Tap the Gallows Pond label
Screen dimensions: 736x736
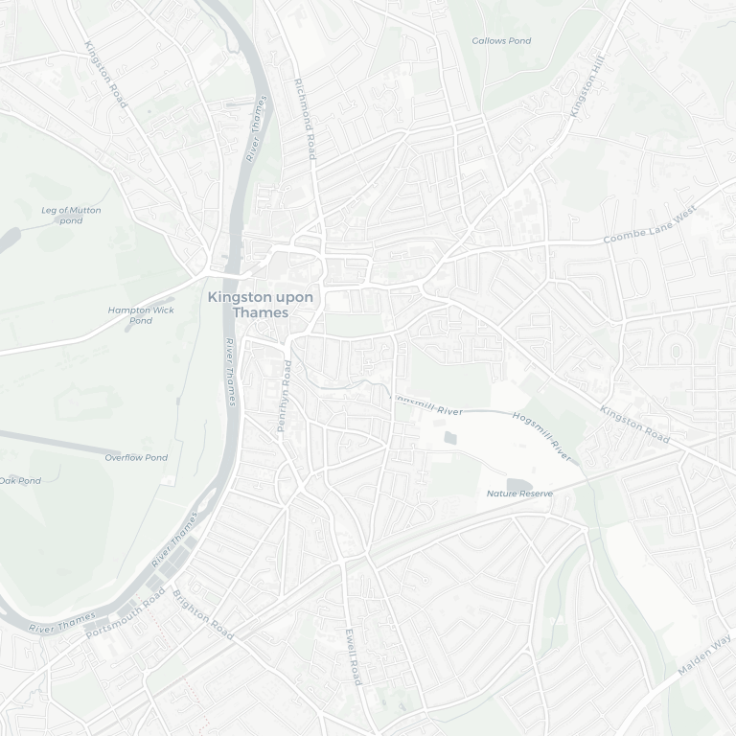coord(501,41)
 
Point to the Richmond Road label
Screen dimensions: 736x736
coord(305,119)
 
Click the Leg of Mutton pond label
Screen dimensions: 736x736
coord(71,216)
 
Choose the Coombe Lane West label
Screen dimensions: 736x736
coord(650,228)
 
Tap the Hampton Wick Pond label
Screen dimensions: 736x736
coord(141,315)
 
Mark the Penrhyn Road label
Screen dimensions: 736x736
coord(284,396)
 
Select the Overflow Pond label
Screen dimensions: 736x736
coord(136,458)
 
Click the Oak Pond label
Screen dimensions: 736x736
coord(19,481)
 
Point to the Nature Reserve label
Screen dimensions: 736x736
coord(519,494)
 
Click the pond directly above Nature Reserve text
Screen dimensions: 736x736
coord(517,484)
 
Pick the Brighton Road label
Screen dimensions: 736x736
coord(203,614)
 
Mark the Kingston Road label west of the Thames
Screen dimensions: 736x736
coord(105,74)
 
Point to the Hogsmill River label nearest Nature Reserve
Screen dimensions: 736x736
coord(541,436)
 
